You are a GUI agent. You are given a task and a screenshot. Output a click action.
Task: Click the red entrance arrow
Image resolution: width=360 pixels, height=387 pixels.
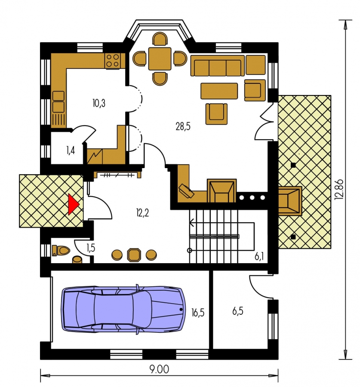point(73,204)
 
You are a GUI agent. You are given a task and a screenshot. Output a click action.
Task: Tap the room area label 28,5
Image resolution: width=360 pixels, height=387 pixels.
point(183,126)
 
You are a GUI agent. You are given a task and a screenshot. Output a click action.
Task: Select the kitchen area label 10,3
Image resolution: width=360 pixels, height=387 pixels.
point(99,103)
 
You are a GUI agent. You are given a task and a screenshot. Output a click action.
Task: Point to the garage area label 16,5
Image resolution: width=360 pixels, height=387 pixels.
point(198,313)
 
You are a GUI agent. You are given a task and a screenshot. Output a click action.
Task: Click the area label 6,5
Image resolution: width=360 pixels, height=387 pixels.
point(237,311)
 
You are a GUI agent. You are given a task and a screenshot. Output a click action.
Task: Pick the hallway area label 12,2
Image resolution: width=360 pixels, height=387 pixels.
point(142,212)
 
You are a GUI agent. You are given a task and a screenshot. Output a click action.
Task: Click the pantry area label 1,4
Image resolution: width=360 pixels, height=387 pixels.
point(71,150)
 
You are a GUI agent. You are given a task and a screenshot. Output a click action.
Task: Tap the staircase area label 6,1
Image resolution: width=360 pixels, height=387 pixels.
point(259,257)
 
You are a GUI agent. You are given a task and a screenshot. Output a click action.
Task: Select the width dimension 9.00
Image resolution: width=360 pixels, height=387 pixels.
point(159,369)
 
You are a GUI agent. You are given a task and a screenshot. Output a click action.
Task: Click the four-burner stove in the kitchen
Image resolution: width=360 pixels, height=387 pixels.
point(112,61)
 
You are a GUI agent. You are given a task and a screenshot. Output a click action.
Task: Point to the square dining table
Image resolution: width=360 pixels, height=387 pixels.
point(160,59)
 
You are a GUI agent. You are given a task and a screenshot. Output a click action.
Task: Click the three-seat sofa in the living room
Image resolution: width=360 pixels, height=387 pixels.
point(218,65)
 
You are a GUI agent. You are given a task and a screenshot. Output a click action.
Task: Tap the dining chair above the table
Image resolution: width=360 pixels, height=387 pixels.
point(160,39)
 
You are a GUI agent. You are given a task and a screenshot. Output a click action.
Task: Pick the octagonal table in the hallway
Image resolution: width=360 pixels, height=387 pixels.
point(134,255)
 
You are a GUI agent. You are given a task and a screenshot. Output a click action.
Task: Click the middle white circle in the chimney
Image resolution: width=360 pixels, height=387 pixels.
point(252,198)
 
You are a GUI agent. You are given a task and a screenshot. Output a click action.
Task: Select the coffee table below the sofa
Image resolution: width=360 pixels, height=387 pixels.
point(219,91)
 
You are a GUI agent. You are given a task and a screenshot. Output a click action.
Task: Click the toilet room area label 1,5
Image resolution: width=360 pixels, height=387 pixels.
point(91,248)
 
